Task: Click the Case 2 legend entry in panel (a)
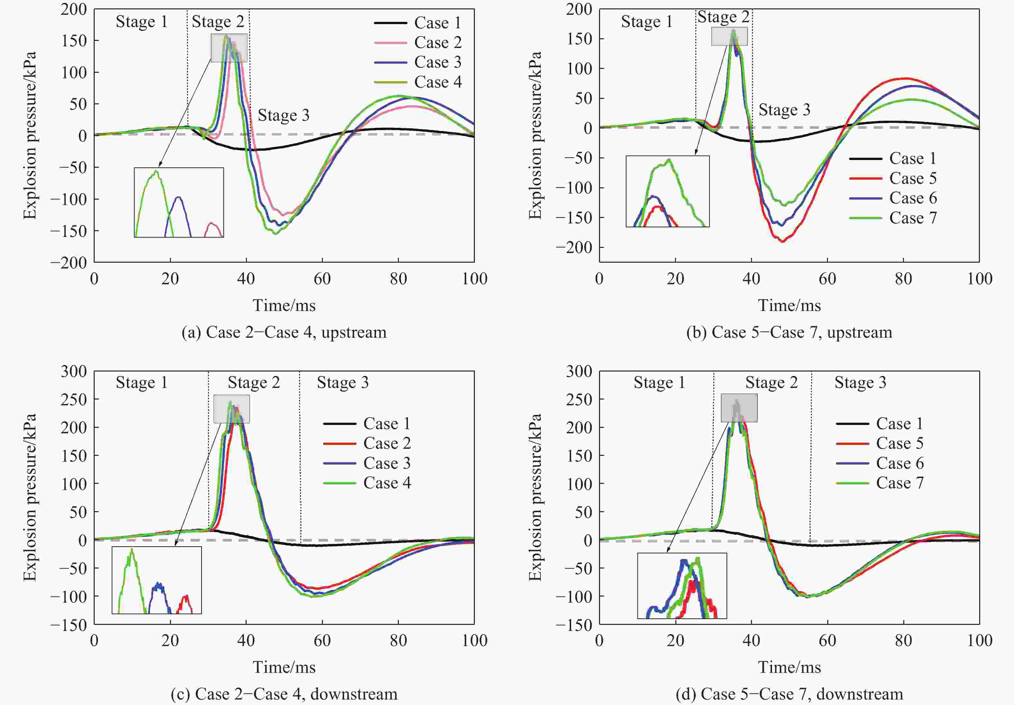[x=437, y=42]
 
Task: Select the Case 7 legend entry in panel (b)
[x=912, y=218]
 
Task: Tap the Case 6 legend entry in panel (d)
[x=900, y=463]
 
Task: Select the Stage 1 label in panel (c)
[x=142, y=382]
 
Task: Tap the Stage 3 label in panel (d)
[x=860, y=382]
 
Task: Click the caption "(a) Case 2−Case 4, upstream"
[x=284, y=332]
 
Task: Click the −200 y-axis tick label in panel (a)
[x=69, y=263]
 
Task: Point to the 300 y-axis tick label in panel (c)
[x=74, y=371]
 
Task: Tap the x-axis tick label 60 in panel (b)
[x=827, y=279]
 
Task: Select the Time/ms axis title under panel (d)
[x=789, y=667]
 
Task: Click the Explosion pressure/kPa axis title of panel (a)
[x=30, y=135]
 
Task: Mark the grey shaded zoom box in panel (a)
[x=229, y=48]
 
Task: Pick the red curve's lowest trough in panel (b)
[x=782, y=241]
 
